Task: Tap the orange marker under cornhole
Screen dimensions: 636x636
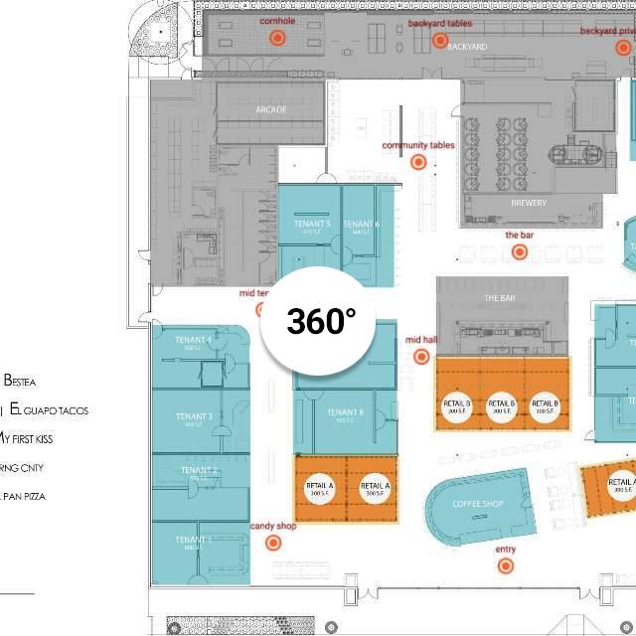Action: click(x=277, y=38)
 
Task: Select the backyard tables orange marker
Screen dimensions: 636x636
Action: click(x=440, y=41)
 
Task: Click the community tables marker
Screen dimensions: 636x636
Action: click(x=419, y=162)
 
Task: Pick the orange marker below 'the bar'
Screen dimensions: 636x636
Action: click(x=519, y=251)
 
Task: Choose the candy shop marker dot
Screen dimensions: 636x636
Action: click(x=272, y=543)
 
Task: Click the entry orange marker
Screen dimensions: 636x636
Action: click(x=506, y=565)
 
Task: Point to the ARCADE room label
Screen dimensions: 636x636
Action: click(x=270, y=109)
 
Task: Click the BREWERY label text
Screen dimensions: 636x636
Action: click(x=529, y=204)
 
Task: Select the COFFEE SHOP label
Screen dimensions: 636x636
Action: click(x=478, y=504)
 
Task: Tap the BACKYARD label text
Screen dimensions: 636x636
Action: click(x=467, y=47)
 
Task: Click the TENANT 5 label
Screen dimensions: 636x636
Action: click(x=312, y=224)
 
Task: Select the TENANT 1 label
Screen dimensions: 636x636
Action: click(x=194, y=540)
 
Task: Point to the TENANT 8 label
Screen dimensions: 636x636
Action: click(x=345, y=412)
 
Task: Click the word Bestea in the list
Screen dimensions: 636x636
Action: click(x=20, y=381)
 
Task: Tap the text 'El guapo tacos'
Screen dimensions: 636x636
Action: click(x=49, y=409)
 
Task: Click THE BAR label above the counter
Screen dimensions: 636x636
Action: click(x=499, y=298)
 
